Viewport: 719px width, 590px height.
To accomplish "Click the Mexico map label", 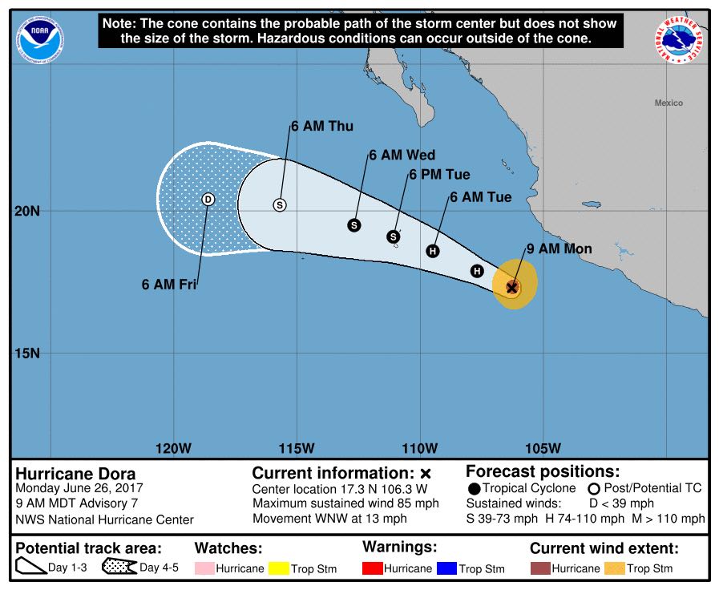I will pyautogui.click(x=669, y=103).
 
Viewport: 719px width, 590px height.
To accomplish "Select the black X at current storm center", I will pyautogui.click(x=511, y=286).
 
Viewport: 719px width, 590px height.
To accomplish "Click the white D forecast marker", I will pyautogui.click(x=208, y=200).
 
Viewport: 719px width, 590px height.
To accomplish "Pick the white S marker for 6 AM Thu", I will pyautogui.click(x=280, y=204).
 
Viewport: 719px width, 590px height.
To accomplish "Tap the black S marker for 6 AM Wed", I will pyautogui.click(x=354, y=225).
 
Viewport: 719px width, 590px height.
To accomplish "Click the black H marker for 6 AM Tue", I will pyautogui.click(x=433, y=251).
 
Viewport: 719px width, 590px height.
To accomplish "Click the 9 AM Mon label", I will pyautogui.click(x=559, y=249).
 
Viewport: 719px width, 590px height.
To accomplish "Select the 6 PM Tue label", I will pyautogui.click(x=439, y=175).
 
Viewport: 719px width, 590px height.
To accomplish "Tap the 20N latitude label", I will pyautogui.click(x=26, y=211).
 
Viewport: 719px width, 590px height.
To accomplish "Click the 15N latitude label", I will pyautogui.click(x=26, y=354).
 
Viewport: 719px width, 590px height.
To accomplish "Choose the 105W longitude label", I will pyautogui.click(x=543, y=447).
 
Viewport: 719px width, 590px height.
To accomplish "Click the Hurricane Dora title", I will pyautogui.click(x=75, y=473).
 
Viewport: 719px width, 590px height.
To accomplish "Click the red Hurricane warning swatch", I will pyautogui.click(x=373, y=568).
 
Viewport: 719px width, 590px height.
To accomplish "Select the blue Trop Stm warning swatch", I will pyautogui.click(x=446, y=568).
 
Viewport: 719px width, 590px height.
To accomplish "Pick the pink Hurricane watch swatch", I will pyautogui.click(x=206, y=568).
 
